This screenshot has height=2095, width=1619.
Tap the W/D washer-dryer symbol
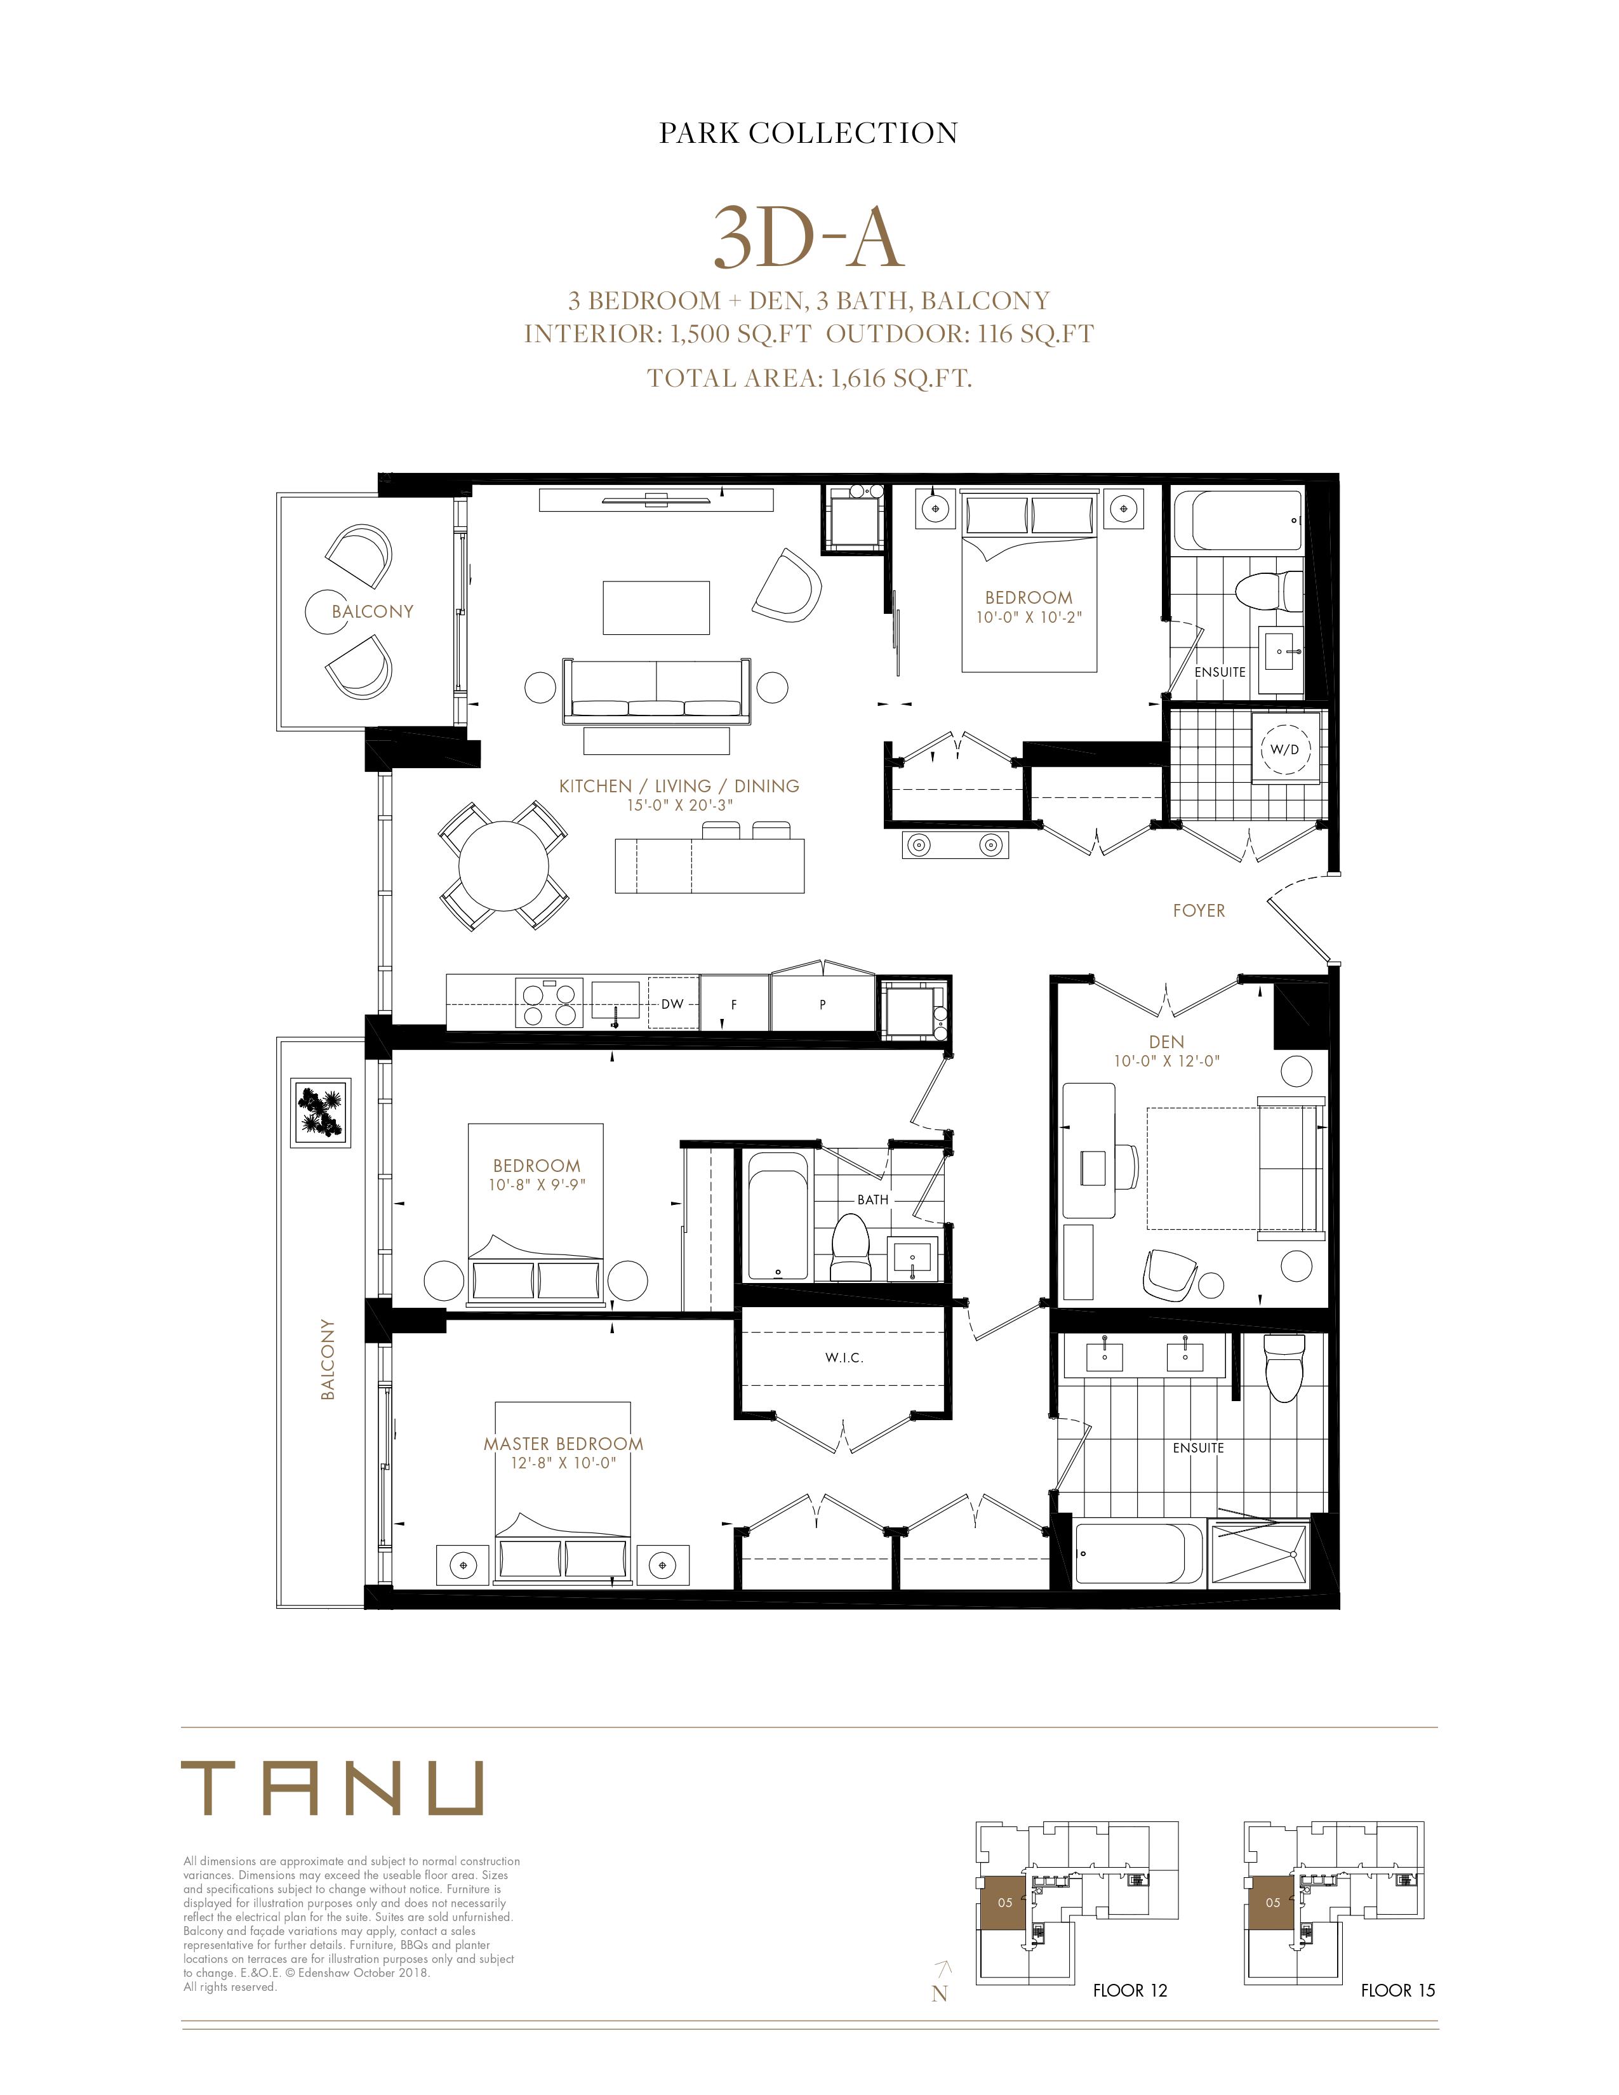click(1284, 749)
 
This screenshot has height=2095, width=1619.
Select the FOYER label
click(1199, 910)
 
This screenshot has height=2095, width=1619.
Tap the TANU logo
click(332, 1787)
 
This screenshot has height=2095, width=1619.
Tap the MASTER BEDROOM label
click(563, 1444)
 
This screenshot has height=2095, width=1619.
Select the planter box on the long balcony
click(321, 1112)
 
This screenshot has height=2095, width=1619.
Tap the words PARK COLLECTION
click(808, 133)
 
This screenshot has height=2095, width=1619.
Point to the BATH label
click(873, 1200)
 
